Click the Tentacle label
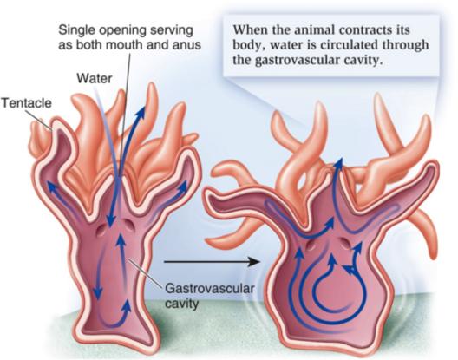click(27, 103)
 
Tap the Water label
click(95, 78)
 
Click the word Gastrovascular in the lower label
click(209, 288)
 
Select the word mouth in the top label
click(138, 45)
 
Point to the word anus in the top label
click(188, 45)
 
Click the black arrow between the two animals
click(212, 262)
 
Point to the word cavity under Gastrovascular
click(181, 304)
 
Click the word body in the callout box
click(246, 45)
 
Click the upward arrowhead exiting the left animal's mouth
click(142, 112)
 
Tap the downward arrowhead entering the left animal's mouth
click(111, 221)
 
